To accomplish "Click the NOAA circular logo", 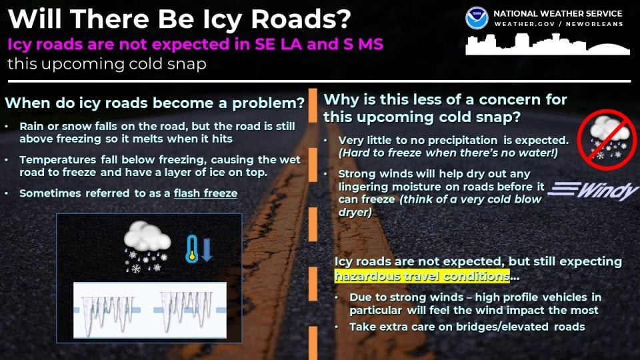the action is pyautogui.click(x=477, y=19).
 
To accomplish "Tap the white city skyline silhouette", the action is pyautogui.click(x=547, y=45).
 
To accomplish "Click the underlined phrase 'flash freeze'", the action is pyautogui.click(x=205, y=193).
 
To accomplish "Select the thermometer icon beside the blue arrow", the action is pyautogui.click(x=192, y=248).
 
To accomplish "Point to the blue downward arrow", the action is pyautogui.click(x=207, y=249).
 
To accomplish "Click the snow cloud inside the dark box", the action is pyautogui.click(x=147, y=247).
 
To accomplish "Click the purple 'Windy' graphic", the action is pyautogui.click(x=594, y=191).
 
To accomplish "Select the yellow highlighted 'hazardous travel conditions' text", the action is pyautogui.click(x=422, y=276).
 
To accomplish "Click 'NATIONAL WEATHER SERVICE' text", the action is pyautogui.click(x=558, y=13).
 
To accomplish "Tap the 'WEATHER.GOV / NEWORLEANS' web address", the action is pyautogui.click(x=559, y=24).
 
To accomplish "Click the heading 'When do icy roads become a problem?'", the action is pyautogui.click(x=155, y=103).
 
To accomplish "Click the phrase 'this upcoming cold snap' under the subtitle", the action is pyautogui.click(x=107, y=64).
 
